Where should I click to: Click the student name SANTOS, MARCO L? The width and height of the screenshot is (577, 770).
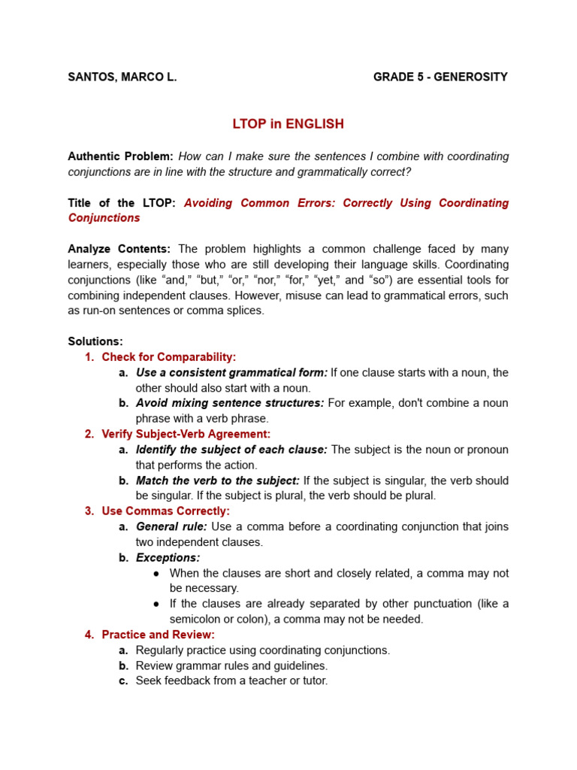(122, 77)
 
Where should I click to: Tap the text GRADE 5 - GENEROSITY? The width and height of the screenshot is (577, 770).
(440, 77)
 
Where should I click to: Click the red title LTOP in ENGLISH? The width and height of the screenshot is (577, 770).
(288, 124)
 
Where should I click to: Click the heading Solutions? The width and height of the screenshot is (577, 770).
(95, 341)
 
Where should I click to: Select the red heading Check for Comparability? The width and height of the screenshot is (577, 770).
(168, 357)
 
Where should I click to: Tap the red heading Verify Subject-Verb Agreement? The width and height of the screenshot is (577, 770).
(186, 434)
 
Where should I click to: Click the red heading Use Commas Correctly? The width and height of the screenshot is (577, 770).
(165, 511)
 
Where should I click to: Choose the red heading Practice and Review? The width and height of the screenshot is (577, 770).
(158, 635)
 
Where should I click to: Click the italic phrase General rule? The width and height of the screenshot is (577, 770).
(171, 526)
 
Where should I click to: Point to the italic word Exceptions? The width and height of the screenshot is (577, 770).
(168, 557)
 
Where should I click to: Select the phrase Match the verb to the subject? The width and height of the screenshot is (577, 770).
(217, 480)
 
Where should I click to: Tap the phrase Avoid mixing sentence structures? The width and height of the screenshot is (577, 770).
(230, 403)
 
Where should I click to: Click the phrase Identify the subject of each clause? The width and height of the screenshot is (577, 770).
(231, 450)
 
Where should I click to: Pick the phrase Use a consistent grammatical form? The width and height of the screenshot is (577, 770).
(231, 372)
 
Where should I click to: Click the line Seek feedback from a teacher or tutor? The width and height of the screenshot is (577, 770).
(231, 681)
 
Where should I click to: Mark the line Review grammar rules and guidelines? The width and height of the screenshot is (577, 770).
(231, 665)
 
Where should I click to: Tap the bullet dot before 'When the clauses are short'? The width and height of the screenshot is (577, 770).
(156, 573)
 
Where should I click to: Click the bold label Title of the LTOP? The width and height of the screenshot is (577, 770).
(122, 203)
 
